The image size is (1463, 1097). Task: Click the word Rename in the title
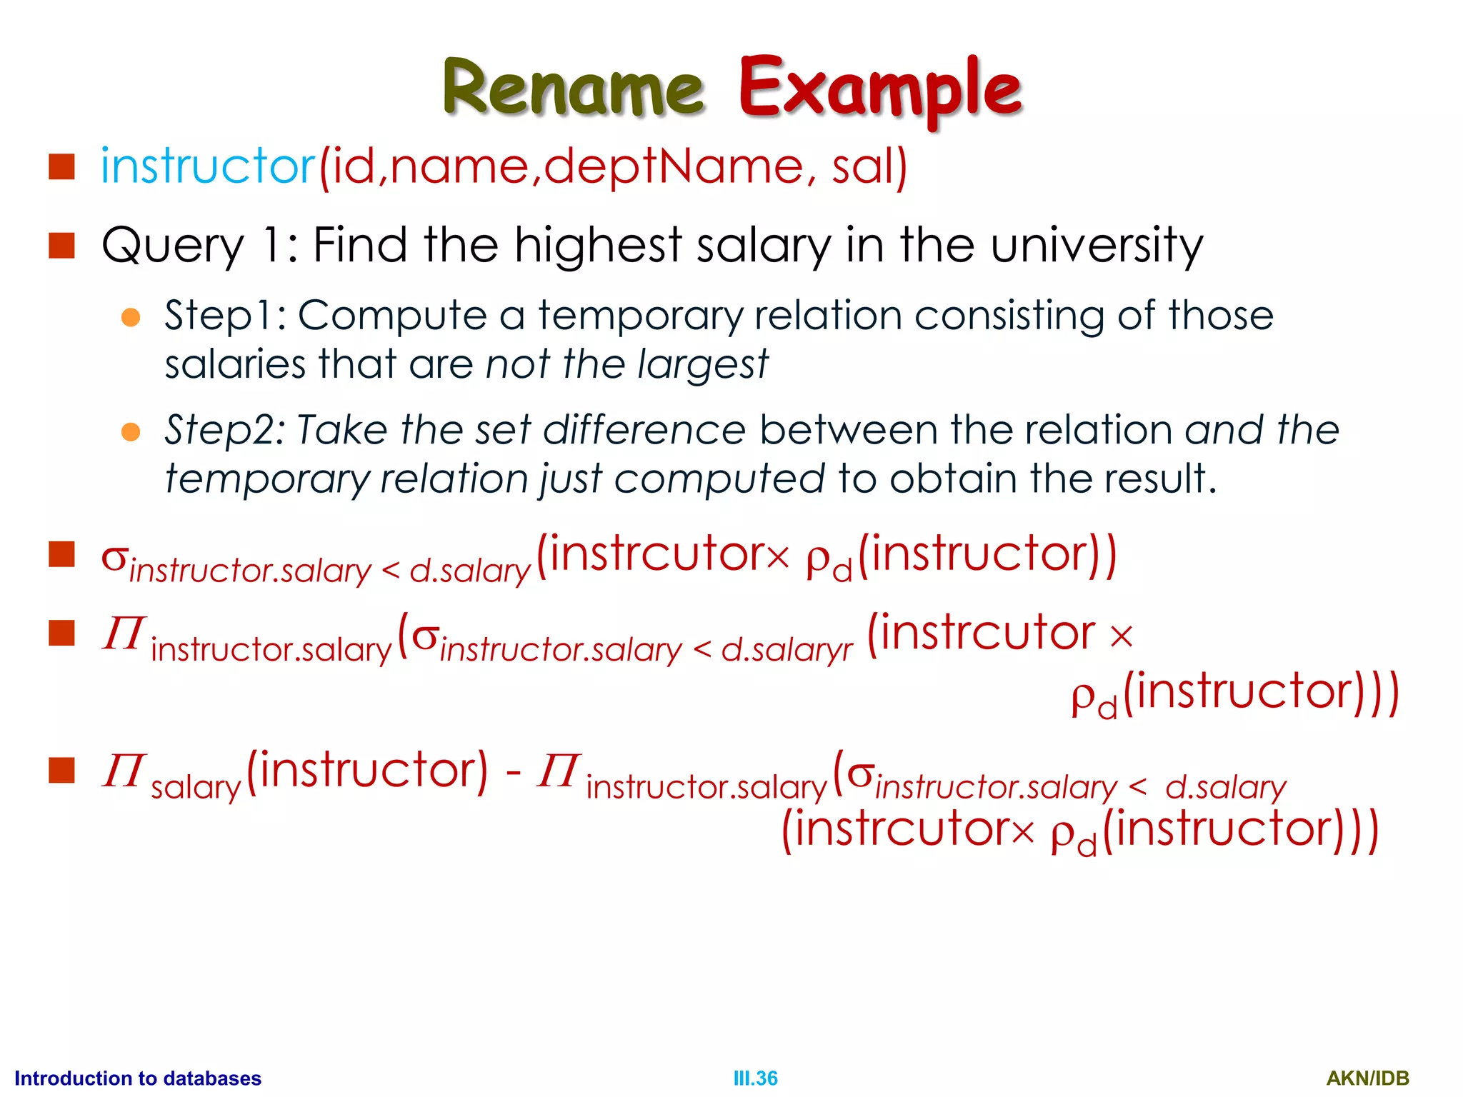point(573,89)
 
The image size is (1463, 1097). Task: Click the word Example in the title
point(879,89)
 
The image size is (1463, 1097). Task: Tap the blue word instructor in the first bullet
point(208,166)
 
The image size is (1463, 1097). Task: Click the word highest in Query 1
point(598,245)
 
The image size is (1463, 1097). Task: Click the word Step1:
point(226,316)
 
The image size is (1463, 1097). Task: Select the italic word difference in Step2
point(644,431)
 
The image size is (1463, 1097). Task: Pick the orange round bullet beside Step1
point(131,317)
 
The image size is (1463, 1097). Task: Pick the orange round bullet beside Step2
point(131,432)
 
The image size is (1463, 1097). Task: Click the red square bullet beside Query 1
point(62,245)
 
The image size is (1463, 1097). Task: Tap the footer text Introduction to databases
point(138,1078)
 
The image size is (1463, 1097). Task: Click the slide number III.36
point(755,1078)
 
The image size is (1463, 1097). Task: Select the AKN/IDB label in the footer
point(1367,1078)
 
